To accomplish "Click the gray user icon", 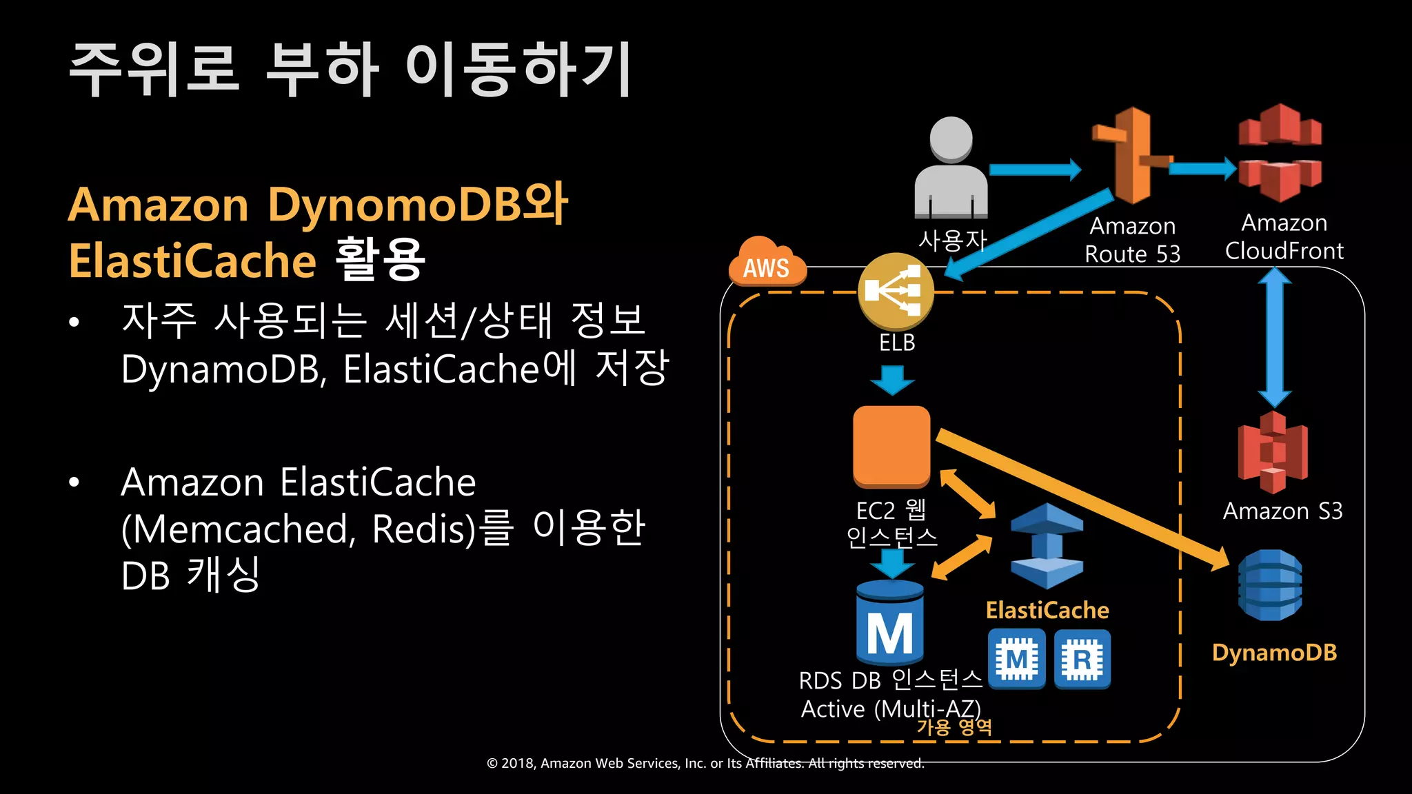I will click(x=951, y=167).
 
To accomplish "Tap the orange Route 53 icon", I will click(x=1131, y=156).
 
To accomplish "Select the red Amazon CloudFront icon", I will click(x=1280, y=153).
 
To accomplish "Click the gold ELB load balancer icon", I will click(x=896, y=291).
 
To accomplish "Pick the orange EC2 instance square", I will click(x=891, y=446).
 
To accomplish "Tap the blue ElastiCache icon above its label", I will click(x=1047, y=545).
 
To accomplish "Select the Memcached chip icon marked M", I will click(x=1016, y=659).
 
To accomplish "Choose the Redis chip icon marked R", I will click(x=1082, y=659).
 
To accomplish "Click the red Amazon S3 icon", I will click(x=1273, y=452).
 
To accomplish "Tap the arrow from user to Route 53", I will click(x=1034, y=170).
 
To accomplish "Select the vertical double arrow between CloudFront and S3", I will click(x=1274, y=338).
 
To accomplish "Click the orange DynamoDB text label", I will click(x=1274, y=652).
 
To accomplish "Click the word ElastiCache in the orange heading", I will click(x=192, y=261).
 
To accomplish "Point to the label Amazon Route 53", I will click(x=1132, y=240).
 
